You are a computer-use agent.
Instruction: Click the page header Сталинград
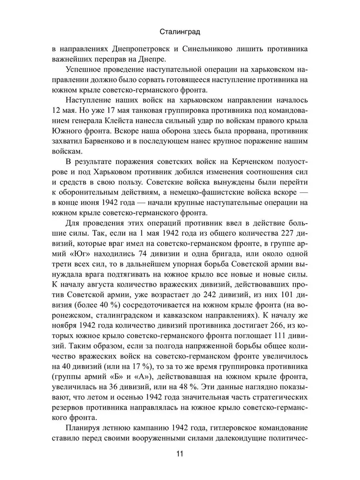pos(180,33)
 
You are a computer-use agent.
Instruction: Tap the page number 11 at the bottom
pos(180,454)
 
